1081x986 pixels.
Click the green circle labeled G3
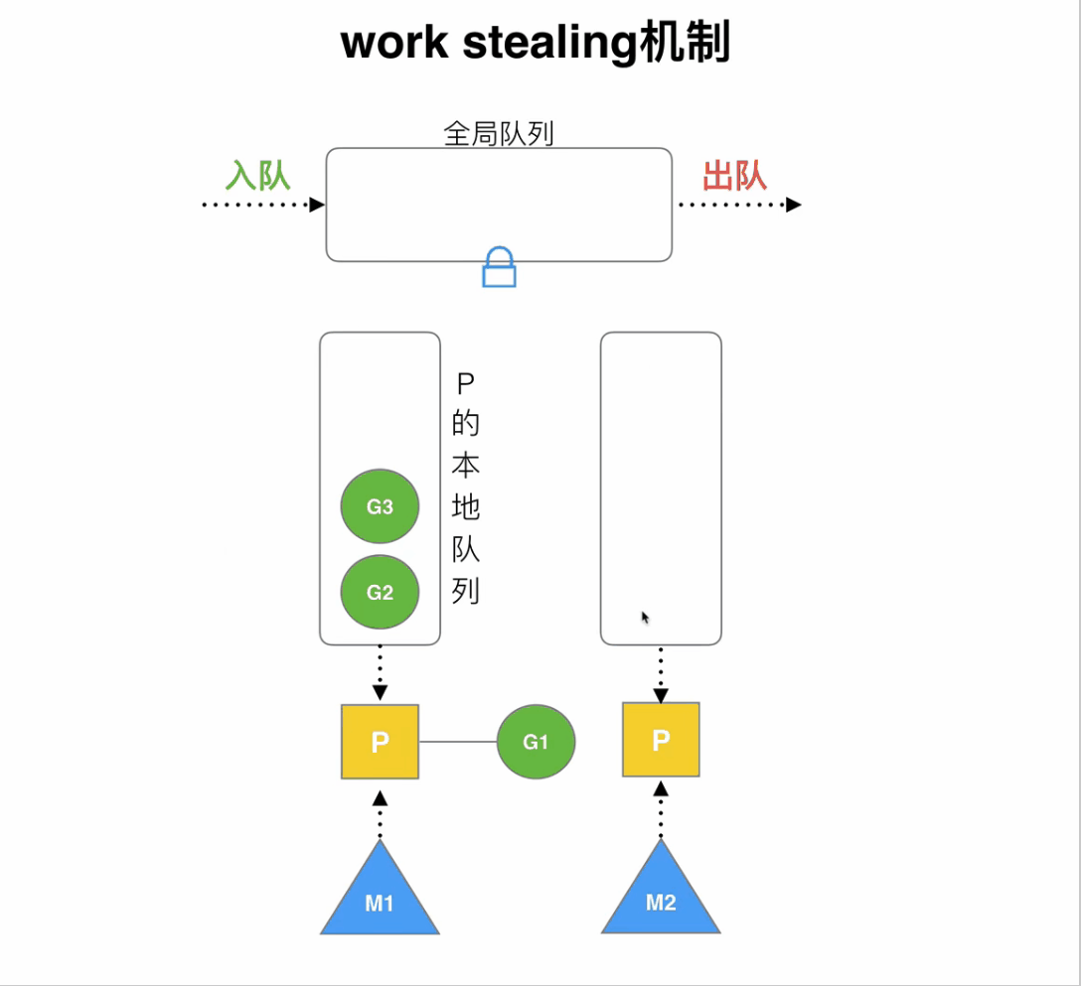pos(380,506)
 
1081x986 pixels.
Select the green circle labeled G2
pos(380,593)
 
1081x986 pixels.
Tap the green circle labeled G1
pos(536,742)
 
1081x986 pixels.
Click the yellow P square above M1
pos(380,742)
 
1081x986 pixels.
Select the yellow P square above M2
pos(661,740)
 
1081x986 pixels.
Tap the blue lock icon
pos(499,268)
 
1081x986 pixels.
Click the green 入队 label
pos(257,176)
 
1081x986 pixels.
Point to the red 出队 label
pos(734,176)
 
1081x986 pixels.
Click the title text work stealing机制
pos(536,44)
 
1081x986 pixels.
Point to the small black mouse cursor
pos(645,618)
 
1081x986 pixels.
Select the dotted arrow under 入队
pos(263,205)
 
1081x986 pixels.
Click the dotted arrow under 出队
pos(739,205)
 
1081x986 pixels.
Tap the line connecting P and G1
pos(458,742)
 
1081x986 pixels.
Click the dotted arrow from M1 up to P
pos(380,815)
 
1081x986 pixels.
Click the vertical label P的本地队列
pos(465,488)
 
